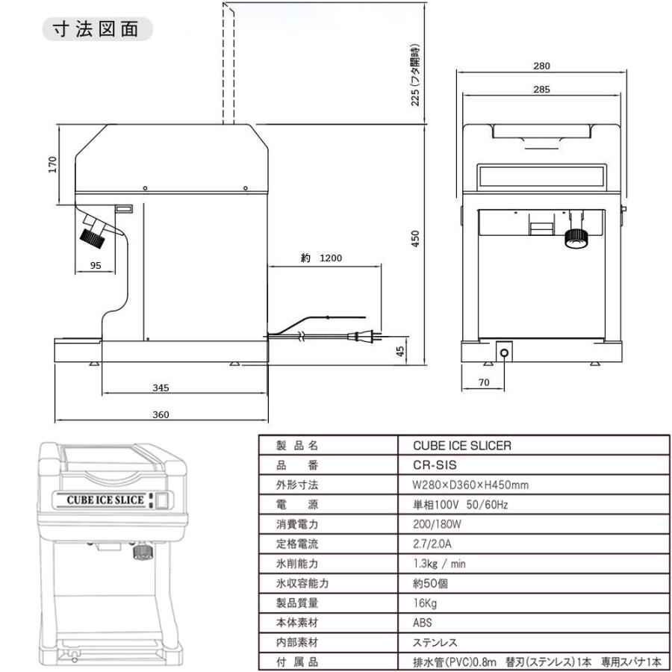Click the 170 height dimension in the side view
(52, 165)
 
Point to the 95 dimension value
(96, 265)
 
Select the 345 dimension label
(161, 388)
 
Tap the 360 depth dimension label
(161, 415)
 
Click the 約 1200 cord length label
(321, 258)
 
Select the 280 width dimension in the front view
(542, 66)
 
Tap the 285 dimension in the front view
(542, 90)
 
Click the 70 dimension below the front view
(483, 382)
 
